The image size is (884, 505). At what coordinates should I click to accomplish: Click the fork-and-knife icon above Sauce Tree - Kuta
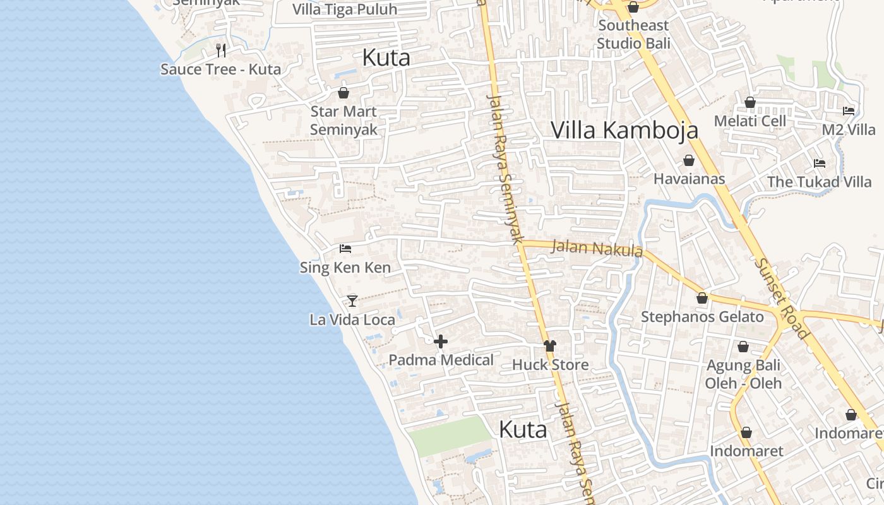pyautogui.click(x=220, y=50)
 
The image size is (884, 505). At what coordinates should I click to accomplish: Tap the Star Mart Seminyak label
pyautogui.click(x=343, y=121)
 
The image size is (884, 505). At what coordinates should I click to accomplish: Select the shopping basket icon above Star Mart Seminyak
pyautogui.click(x=343, y=93)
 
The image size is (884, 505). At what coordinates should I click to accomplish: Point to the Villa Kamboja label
pyautogui.click(x=624, y=130)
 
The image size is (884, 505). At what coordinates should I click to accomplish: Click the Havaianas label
pyautogui.click(x=689, y=179)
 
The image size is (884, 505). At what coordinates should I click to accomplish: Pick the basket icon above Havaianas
pyautogui.click(x=689, y=160)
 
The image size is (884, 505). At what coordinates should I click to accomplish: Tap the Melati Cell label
pyautogui.click(x=750, y=121)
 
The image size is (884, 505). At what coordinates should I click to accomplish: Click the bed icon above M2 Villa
pyautogui.click(x=849, y=111)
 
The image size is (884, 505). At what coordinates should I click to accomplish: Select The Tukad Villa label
pyautogui.click(x=819, y=182)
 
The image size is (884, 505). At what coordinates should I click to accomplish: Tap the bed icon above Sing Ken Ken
pyautogui.click(x=345, y=249)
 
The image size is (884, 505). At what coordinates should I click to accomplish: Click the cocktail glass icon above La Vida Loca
pyautogui.click(x=352, y=300)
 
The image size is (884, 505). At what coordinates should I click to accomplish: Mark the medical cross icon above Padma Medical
pyautogui.click(x=441, y=342)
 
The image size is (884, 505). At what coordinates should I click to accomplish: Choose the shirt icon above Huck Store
pyautogui.click(x=550, y=345)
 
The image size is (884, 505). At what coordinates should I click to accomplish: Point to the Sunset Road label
pyautogui.click(x=781, y=298)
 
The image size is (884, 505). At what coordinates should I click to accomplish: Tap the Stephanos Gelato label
pyautogui.click(x=702, y=316)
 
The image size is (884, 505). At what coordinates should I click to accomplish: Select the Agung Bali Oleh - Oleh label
pyautogui.click(x=743, y=374)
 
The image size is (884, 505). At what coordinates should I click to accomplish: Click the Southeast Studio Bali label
pyautogui.click(x=633, y=34)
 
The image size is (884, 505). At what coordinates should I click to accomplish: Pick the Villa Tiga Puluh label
pyautogui.click(x=345, y=9)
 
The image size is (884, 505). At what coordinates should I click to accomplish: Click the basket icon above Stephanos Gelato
pyautogui.click(x=702, y=298)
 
